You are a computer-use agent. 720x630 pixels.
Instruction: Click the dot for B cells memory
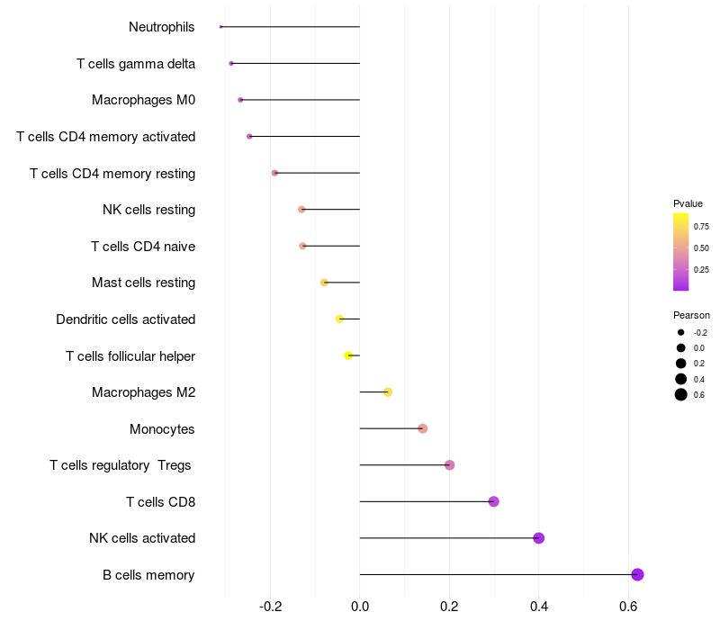[637, 575]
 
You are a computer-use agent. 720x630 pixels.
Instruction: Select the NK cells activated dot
[539, 538]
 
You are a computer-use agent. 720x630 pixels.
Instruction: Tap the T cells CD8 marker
[493, 501]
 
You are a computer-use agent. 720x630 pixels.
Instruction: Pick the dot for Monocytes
[422, 428]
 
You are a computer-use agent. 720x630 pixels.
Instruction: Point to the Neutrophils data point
[220, 27]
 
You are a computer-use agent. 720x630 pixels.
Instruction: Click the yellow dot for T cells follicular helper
[348, 355]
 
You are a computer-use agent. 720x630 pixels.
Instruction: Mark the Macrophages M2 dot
[388, 391]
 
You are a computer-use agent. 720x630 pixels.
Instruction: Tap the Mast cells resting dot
[324, 283]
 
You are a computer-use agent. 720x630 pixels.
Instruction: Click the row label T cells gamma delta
[136, 63]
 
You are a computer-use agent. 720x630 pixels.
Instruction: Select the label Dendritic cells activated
[125, 319]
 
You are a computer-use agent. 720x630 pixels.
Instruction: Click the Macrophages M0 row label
[143, 100]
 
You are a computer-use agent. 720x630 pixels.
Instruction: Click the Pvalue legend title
[688, 203]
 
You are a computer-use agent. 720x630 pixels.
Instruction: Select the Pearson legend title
[691, 315]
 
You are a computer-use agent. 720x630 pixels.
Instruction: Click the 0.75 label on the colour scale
[701, 227]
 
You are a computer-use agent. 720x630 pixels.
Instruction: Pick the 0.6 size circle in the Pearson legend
[681, 394]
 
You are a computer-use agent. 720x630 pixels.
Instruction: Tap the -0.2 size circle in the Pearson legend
[681, 332]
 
